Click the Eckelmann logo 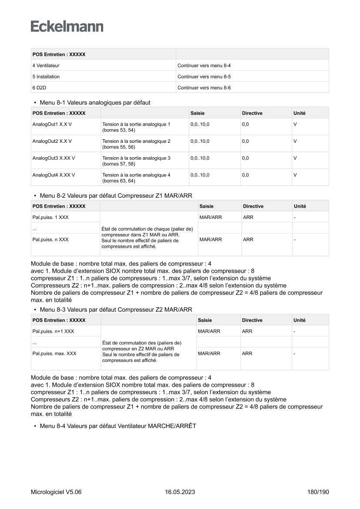[67, 27]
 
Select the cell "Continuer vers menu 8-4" [204, 65]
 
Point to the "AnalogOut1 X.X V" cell [52, 124]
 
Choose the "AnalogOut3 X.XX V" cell [54, 158]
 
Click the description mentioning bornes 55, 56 [136, 144]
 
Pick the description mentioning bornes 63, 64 [136, 178]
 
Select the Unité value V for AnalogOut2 [295, 141]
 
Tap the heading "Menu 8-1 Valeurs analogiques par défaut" [95, 102]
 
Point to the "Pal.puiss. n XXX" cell [50, 239]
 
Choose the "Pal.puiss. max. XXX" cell [54, 354]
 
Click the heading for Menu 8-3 [116, 310]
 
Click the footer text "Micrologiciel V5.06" [56, 492]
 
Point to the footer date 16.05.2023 [180, 492]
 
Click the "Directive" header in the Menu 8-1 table [252, 113]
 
